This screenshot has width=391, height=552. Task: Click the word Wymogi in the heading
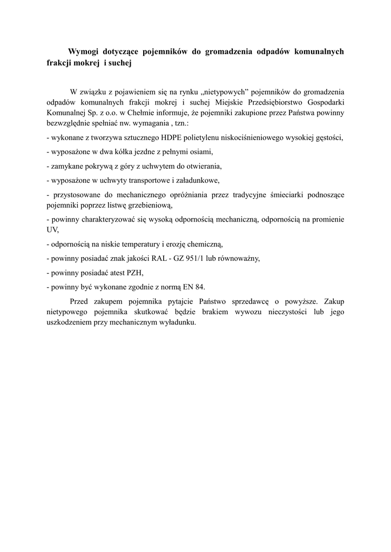point(84,52)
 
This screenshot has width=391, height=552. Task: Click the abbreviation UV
point(53,230)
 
